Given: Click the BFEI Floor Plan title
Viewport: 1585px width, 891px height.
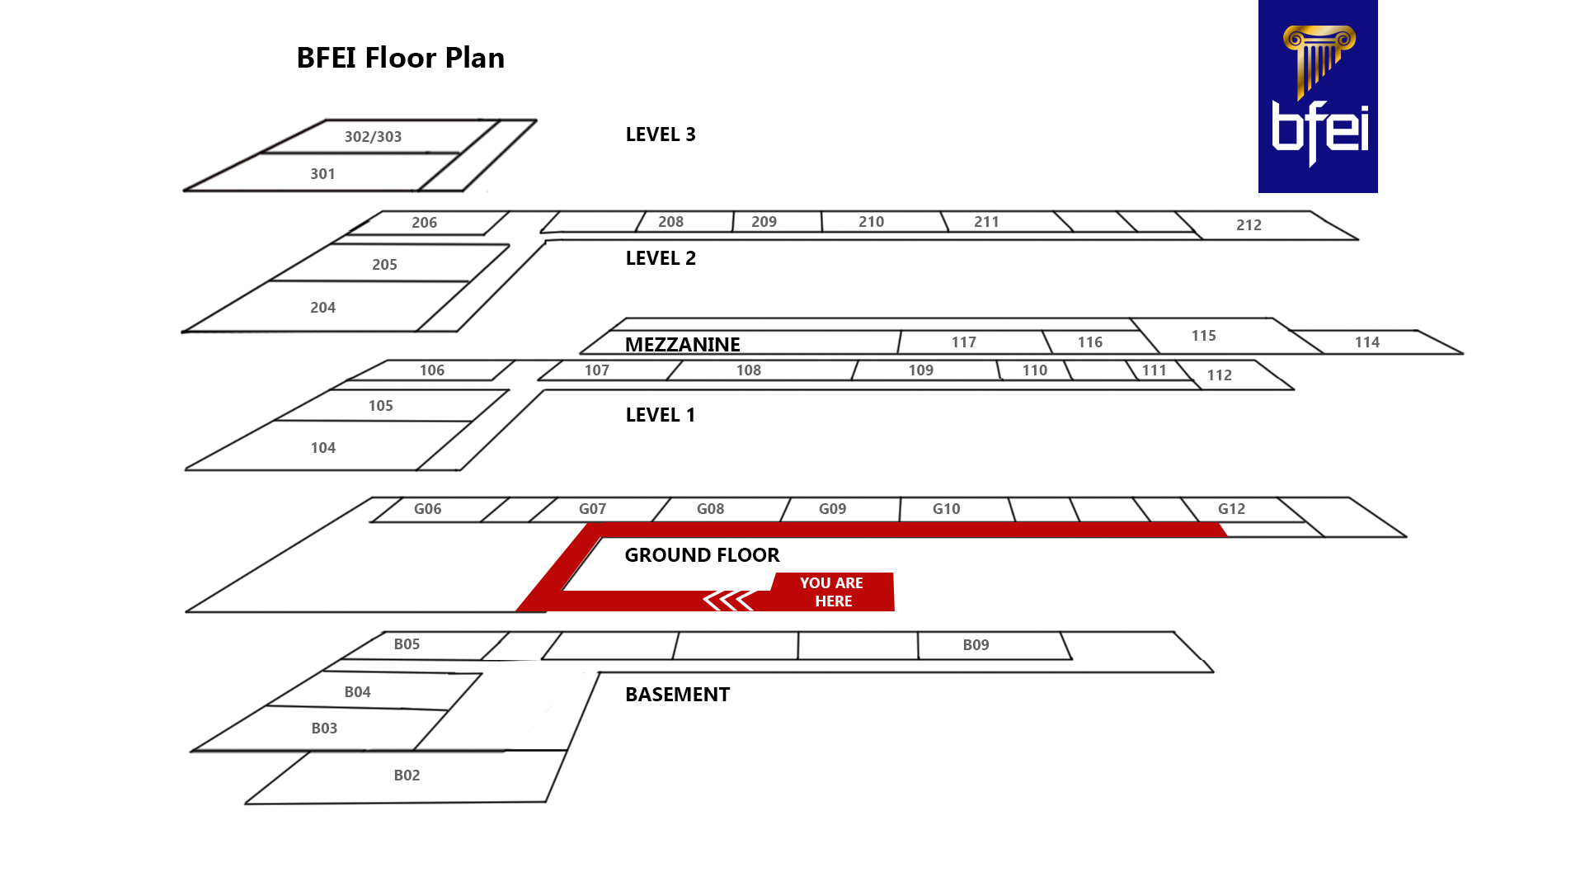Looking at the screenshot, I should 400,58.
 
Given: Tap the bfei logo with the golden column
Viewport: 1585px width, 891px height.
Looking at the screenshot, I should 1317,97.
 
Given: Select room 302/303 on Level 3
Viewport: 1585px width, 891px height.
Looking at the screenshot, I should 373,137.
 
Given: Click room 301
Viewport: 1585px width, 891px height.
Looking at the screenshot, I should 322,174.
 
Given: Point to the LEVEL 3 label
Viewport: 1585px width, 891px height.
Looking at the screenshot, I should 660,134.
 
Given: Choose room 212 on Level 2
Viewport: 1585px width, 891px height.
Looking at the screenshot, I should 1249,225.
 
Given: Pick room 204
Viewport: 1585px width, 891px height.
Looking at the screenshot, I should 322,308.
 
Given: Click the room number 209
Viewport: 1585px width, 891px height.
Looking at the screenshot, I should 764,222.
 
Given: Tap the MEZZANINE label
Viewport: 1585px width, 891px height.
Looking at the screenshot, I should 682,344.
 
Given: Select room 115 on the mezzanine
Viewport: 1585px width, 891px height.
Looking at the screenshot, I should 1203,336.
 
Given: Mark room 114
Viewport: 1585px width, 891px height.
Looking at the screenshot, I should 1366,342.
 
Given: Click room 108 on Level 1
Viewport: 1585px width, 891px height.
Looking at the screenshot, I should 748,370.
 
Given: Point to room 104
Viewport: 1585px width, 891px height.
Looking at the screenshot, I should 322,448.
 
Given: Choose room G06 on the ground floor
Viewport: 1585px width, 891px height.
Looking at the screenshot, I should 427,509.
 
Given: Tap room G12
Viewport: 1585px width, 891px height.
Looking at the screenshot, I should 1231,509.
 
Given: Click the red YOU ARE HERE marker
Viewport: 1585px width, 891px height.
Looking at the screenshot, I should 831,592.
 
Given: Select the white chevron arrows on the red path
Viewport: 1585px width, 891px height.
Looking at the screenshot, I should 728,601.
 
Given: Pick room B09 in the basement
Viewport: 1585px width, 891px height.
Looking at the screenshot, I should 976,645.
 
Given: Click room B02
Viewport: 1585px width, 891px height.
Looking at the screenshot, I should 407,775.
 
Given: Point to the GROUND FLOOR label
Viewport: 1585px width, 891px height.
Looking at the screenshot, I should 701,555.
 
